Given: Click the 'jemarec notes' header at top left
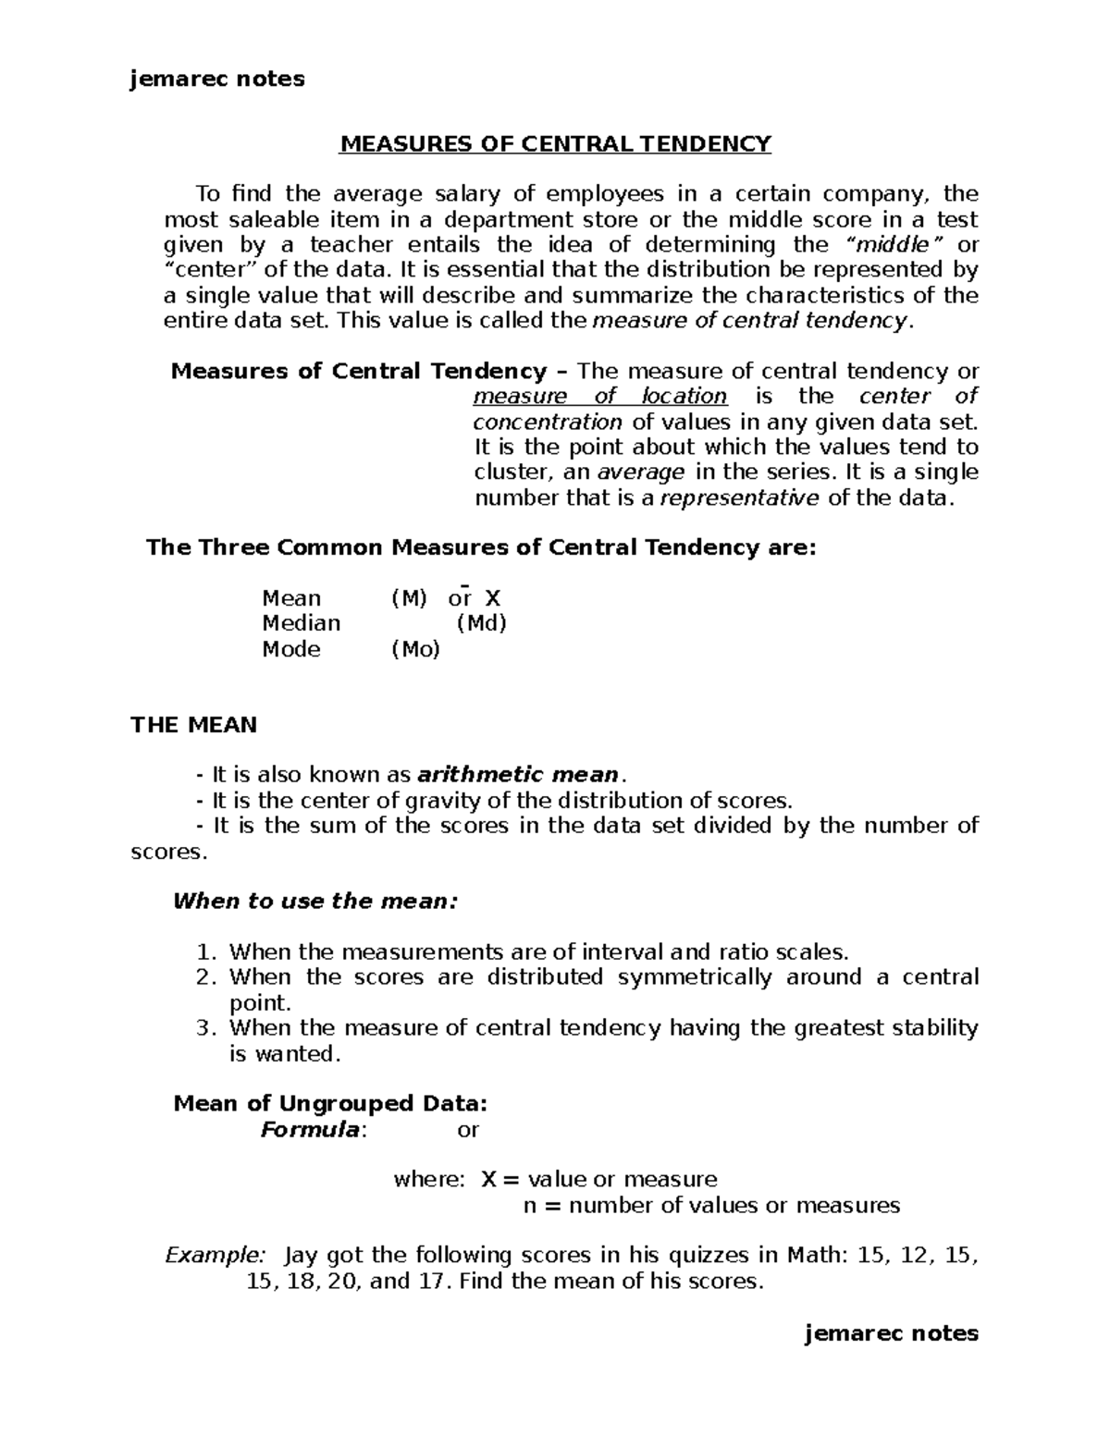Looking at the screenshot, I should [x=217, y=80].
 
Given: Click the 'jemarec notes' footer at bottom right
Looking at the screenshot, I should [x=892, y=1332].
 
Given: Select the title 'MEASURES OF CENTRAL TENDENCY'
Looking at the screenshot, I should [x=556, y=144].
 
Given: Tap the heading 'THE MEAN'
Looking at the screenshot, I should [x=193, y=725].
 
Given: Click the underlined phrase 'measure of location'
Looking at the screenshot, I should [x=599, y=397].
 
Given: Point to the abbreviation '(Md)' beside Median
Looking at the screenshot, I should [x=482, y=623].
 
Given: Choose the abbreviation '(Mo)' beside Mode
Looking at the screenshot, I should [x=415, y=649].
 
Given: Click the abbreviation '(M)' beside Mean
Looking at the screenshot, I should [x=409, y=598].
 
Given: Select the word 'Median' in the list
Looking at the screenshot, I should [x=301, y=623].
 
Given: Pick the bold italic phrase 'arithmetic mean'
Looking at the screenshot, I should [x=518, y=775].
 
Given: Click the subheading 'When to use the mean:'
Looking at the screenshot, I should [x=315, y=902].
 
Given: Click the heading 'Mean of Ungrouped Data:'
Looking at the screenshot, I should [x=330, y=1103].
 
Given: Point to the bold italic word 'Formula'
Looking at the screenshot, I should [x=310, y=1129].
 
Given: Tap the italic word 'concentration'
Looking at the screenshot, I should [x=548, y=423].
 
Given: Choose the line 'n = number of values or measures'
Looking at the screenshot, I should [x=711, y=1205].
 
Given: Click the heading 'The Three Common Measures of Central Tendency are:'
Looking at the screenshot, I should [x=482, y=547].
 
